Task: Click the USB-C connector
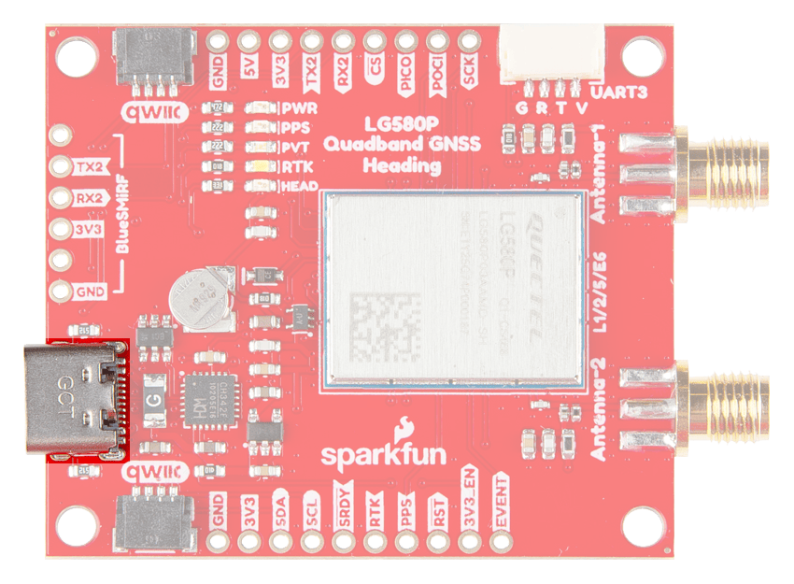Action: pyautogui.click(x=73, y=400)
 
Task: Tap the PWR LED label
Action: pyautogui.click(x=299, y=108)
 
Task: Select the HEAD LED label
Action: pyautogui.click(x=301, y=187)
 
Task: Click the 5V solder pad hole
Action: pyautogui.click(x=248, y=42)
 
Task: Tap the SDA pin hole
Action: pyautogui.click(x=280, y=540)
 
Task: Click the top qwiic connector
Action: pyautogui.click(x=154, y=58)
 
